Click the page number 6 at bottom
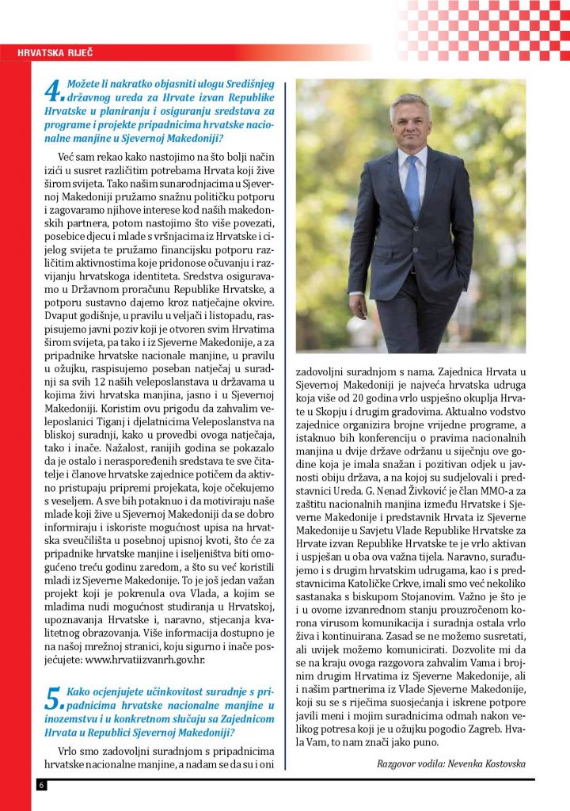pyautogui.click(x=40, y=784)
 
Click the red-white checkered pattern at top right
pyautogui.click(x=483, y=28)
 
